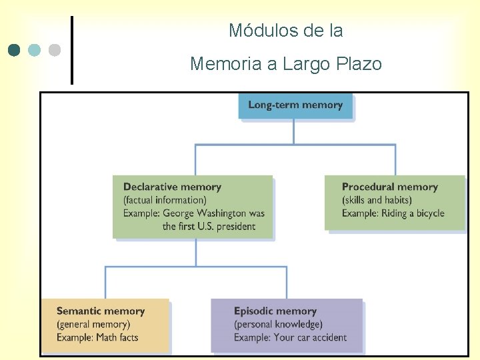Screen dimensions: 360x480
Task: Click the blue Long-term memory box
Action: coord(295,105)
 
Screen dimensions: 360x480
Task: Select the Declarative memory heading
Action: coord(172,187)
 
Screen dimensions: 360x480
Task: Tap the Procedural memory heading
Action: coord(389,187)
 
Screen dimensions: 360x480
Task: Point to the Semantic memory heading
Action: coord(101,311)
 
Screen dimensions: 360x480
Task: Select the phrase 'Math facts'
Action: coord(117,337)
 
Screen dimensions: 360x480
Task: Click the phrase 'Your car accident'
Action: coord(310,337)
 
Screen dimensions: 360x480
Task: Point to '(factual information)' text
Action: coord(165,200)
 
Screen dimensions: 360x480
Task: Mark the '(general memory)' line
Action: coord(93,324)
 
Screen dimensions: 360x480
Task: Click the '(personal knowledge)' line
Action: coord(278,324)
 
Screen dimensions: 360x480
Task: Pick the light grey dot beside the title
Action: coord(55,50)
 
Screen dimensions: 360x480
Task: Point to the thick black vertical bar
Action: coord(72,51)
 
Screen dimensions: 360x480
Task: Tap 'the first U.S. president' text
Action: coord(209,227)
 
